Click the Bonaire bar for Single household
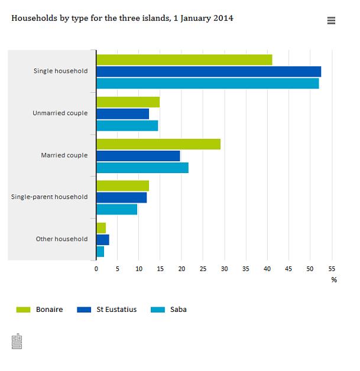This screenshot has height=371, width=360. click(x=184, y=59)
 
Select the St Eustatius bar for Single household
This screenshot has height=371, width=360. click(x=208, y=71)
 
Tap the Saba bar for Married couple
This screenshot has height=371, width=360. click(x=142, y=167)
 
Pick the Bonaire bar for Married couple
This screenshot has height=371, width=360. click(x=158, y=144)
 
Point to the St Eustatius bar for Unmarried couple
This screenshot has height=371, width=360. click(x=122, y=113)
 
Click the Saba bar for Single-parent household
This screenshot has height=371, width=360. click(x=116, y=209)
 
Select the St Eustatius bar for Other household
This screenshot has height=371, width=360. click(x=103, y=240)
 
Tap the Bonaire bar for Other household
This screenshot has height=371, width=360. click(x=101, y=227)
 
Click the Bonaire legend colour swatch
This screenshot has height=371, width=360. click(x=23, y=309)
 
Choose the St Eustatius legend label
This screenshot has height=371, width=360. click(x=116, y=309)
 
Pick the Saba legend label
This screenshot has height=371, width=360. click(x=178, y=309)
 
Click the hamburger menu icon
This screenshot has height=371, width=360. click(x=331, y=21)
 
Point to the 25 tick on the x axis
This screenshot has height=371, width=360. click(x=203, y=269)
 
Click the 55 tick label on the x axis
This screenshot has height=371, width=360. click(x=331, y=269)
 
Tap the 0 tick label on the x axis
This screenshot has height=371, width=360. click(x=96, y=269)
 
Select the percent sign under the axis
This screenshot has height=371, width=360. click(x=334, y=280)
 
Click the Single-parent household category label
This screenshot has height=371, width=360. click(x=49, y=197)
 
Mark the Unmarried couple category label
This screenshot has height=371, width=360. click(x=60, y=113)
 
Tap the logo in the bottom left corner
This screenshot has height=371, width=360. click(x=17, y=341)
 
